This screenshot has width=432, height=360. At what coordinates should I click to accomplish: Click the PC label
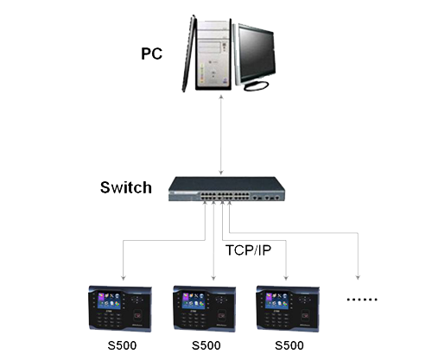point(152,54)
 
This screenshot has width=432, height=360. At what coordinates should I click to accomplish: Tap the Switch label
point(125,187)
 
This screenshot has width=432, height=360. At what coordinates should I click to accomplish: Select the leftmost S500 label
point(122,346)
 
